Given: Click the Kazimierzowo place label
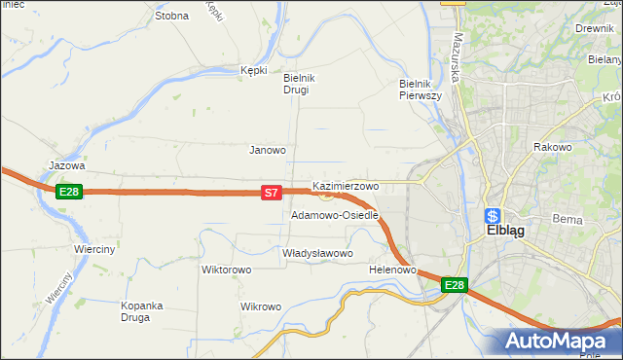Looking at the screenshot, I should tap(346, 185).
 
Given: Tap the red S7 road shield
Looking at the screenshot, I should tap(273, 195).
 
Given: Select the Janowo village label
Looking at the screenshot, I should tap(268, 150).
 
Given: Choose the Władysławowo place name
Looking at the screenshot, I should tap(316, 253).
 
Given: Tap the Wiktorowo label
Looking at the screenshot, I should tap(226, 270).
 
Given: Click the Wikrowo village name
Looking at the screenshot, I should tap(261, 306).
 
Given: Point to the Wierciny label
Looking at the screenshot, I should tap(95, 249).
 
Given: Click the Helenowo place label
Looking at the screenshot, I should tap(393, 270).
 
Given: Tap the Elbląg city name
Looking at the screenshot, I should tap(505, 234).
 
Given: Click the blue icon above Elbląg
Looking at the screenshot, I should tap(494, 216).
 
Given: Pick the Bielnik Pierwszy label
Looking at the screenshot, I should tap(421, 90).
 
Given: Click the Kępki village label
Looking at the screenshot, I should tap(253, 70).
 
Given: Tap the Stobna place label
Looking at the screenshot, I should tap(171, 16).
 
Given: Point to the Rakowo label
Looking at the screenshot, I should tap(551, 147).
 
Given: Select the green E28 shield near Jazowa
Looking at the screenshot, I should tap(68, 192).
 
